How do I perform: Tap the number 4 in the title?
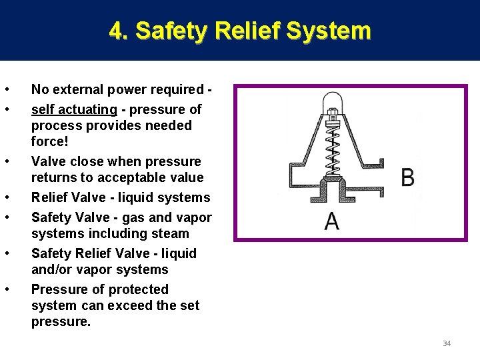click(x=116, y=31)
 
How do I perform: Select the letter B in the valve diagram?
click(x=408, y=177)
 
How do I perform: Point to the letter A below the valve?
click(x=331, y=221)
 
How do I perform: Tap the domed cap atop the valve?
click(x=331, y=103)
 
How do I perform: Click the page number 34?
click(x=447, y=343)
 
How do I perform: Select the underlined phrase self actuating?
click(x=74, y=109)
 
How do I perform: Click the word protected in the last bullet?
click(x=135, y=289)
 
